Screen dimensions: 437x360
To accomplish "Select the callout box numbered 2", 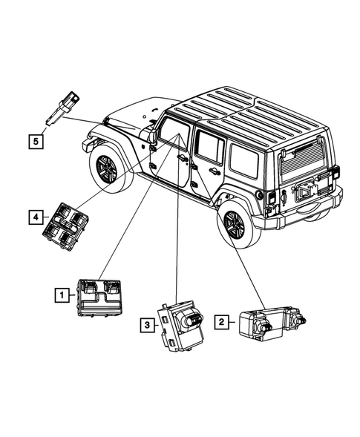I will coord(221,321).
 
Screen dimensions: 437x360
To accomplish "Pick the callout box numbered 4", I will coord(34,217).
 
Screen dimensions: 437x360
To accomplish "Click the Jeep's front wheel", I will coord(106,168).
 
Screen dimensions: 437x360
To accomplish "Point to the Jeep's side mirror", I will coord(151,136).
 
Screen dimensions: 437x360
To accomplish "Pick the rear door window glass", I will coord(210,149).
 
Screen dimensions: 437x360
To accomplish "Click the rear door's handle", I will coord(215,171).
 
